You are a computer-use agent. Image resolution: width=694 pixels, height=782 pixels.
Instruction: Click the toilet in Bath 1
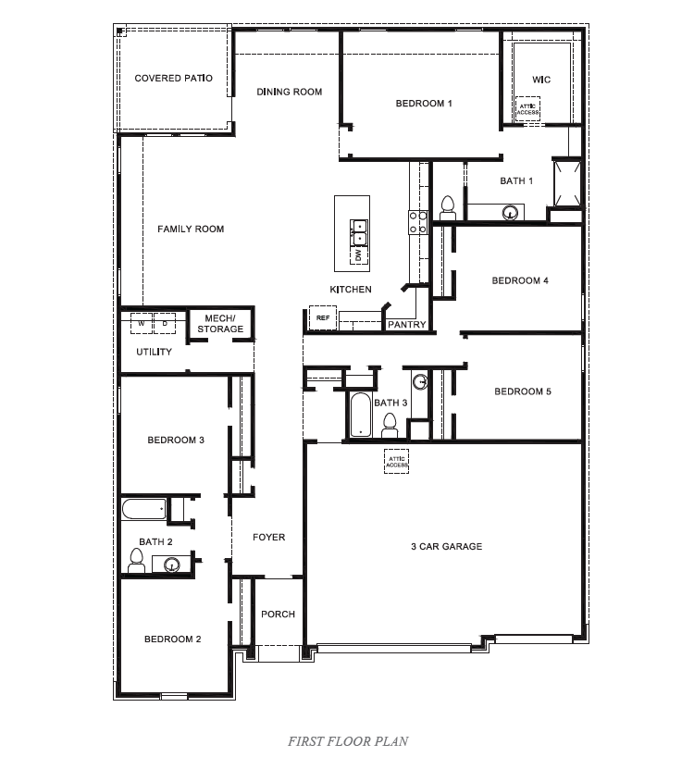(448, 205)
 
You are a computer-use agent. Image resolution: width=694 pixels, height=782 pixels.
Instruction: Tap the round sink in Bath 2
(171, 564)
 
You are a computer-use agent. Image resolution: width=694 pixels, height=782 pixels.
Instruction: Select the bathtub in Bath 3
(359, 415)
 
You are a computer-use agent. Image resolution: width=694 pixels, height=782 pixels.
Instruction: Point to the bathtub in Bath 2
(143, 508)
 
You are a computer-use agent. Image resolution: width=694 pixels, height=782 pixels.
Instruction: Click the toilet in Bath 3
(390, 426)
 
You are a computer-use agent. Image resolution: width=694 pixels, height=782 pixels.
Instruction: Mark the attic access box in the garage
(397, 460)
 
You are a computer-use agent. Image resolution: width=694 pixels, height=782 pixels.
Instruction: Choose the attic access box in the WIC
(527, 109)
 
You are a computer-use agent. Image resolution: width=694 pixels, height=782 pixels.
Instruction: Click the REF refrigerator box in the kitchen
(322, 317)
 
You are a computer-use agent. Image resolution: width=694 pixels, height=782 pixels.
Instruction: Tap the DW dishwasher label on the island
(356, 254)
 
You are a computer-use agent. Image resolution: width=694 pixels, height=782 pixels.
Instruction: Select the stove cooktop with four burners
(417, 220)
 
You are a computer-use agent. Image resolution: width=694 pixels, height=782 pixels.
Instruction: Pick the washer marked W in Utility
(142, 324)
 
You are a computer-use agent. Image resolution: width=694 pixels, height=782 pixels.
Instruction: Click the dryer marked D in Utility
(165, 324)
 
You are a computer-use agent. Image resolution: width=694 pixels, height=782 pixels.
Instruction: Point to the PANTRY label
(406, 325)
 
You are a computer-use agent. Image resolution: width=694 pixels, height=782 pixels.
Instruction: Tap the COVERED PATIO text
(173, 79)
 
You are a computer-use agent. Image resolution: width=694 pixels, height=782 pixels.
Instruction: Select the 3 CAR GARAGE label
(446, 547)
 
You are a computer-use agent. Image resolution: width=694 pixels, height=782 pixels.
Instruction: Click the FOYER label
(269, 538)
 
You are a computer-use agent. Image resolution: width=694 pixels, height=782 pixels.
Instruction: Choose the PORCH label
(278, 614)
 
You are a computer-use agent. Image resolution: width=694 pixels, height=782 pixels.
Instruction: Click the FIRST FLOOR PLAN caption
(347, 740)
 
